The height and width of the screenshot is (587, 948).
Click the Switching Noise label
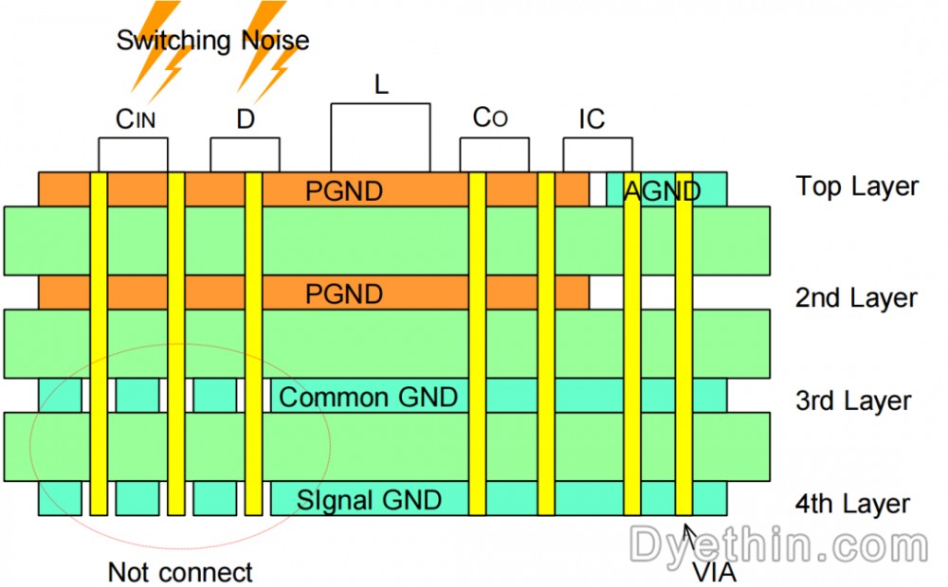(212, 41)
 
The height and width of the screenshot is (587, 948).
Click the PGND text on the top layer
(344, 191)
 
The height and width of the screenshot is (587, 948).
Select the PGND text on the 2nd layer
(344, 294)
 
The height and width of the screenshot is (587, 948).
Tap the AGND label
(662, 191)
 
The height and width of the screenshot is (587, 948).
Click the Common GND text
(369, 397)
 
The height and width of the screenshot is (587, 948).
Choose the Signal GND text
(369, 499)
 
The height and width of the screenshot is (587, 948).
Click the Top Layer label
(857, 187)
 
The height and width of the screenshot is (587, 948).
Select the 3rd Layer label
(853, 400)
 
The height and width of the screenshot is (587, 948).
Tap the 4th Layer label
(853, 503)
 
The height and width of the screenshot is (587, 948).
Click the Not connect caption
(180, 572)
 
